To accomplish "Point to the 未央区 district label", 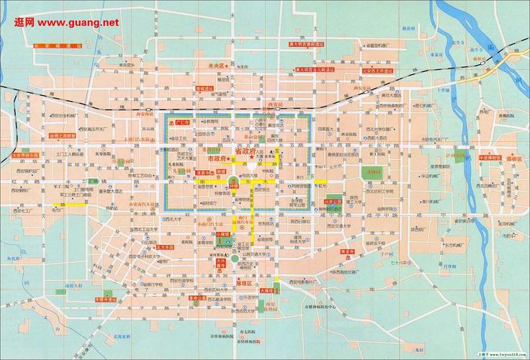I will (x=217, y=66).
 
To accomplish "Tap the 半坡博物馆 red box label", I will (x=482, y=156).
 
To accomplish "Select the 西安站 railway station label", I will (x=273, y=105).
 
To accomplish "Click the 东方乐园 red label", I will (x=165, y=247).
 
